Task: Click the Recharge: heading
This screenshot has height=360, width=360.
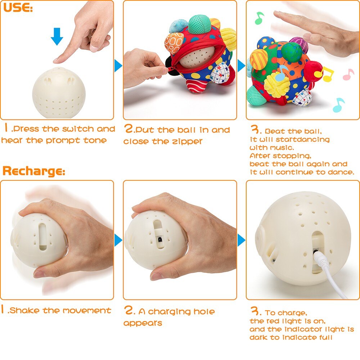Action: tap(34, 171)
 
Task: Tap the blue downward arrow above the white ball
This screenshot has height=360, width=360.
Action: tap(57, 36)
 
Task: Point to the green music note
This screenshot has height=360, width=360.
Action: tap(259, 18)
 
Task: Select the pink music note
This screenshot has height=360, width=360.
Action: tap(348, 74)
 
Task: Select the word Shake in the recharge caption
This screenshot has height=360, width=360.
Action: tap(26, 310)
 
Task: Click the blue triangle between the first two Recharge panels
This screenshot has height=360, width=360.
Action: tap(118, 240)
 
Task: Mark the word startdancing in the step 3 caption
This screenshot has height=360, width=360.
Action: tap(307, 139)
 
